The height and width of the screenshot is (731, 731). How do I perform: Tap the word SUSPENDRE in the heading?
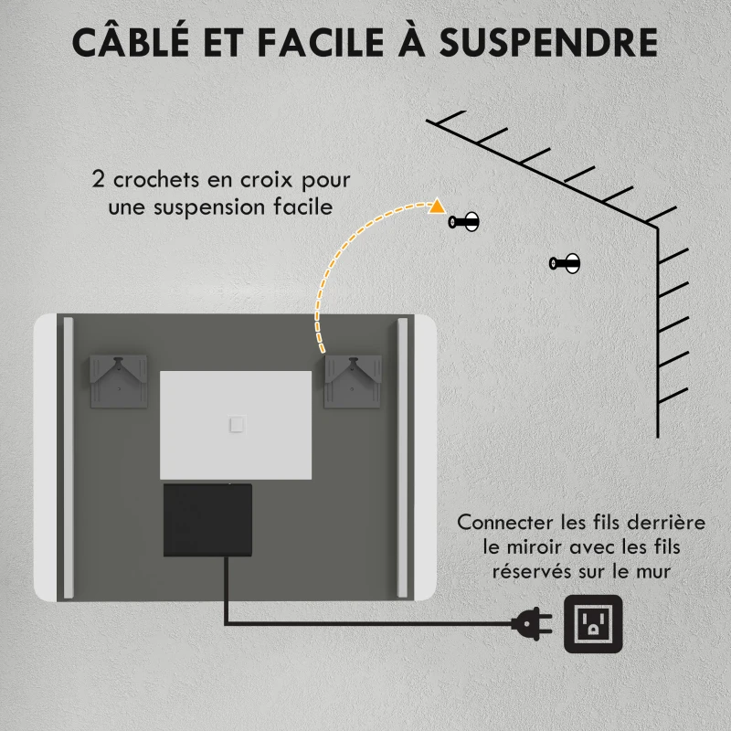548,42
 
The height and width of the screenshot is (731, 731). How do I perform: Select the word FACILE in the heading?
321,42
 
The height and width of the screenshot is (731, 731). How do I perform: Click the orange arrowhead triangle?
437,207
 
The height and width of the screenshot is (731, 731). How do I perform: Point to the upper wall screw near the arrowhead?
464,221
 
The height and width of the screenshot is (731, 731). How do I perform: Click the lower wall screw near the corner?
565,263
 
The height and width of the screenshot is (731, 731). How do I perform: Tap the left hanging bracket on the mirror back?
119,381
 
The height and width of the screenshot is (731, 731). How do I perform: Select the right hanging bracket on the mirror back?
353,381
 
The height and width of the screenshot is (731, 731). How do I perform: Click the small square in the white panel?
238,425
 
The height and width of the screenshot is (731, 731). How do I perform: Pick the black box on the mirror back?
208,520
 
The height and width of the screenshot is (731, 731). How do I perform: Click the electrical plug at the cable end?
532,623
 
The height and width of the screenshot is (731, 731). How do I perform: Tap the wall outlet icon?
593,624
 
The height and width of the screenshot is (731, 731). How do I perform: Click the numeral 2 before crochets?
98,179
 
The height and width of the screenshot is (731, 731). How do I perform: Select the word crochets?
156,179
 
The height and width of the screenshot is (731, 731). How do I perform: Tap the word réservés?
532,571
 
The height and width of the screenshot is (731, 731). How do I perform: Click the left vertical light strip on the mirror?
68,458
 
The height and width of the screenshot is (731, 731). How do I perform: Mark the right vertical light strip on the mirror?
402,458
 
